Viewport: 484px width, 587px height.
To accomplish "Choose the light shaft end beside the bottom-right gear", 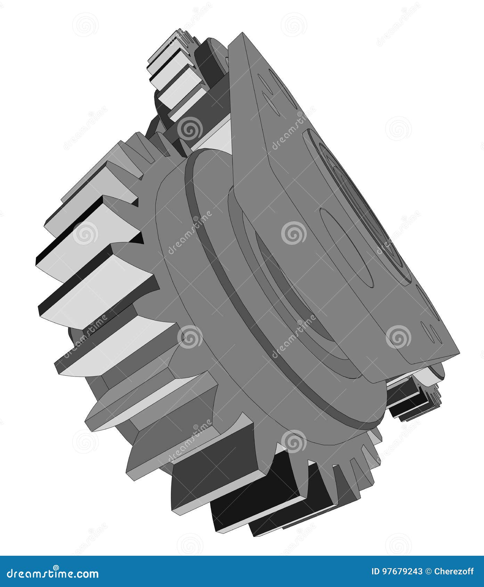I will click(434, 373).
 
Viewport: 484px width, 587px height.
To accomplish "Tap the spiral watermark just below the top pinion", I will click(190, 129).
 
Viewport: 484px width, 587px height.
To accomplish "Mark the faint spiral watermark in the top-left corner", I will click(85, 24).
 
